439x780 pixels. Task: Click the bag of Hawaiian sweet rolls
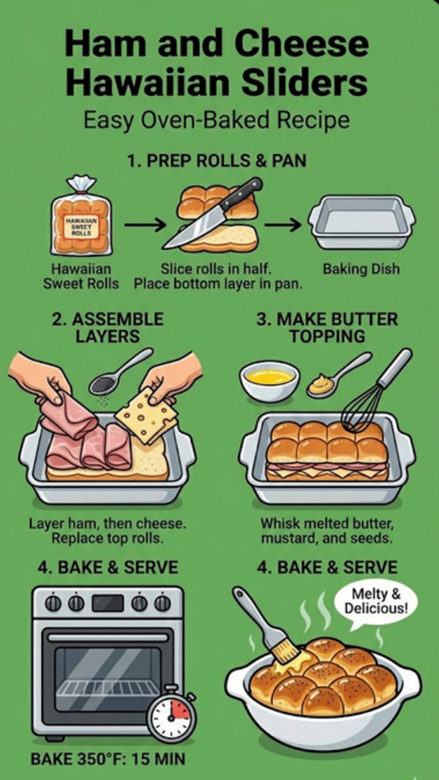[81, 221]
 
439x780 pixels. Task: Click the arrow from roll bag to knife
[145, 225]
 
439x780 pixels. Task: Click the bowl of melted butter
[269, 380]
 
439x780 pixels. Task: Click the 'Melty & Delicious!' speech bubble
[376, 602]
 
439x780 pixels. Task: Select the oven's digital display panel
[108, 603]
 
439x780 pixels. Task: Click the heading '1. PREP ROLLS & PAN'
[216, 161]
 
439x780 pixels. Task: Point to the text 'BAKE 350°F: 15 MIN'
[108, 759]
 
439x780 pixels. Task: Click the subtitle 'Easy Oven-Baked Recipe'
[216, 120]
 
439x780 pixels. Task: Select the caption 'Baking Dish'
[361, 269]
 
